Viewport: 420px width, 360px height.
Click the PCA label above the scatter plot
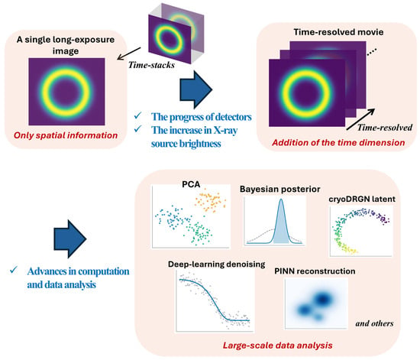click(191, 184)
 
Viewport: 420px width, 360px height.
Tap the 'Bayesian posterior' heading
click(280, 190)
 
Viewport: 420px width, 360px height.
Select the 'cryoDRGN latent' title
click(362, 199)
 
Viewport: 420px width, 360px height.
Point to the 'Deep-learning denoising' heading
click(216, 264)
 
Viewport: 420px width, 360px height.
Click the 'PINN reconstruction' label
click(315, 271)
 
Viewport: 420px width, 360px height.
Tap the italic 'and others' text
click(374, 323)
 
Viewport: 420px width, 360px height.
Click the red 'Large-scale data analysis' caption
click(277, 345)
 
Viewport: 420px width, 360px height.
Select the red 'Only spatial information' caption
click(66, 135)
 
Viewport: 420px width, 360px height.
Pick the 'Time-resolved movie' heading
click(338, 32)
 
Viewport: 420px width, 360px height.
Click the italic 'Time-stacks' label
click(151, 65)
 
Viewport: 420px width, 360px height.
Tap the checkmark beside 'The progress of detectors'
click(138, 116)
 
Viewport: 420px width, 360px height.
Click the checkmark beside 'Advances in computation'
click(14, 270)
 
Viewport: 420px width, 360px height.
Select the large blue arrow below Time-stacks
click(196, 89)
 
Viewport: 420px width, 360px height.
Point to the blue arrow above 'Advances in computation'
click(70, 238)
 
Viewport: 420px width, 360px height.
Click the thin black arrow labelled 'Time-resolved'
click(360, 119)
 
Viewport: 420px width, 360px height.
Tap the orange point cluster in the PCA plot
click(211, 202)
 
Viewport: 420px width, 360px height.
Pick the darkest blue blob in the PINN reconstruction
click(322, 299)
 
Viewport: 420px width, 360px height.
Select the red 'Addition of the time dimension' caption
click(338, 143)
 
